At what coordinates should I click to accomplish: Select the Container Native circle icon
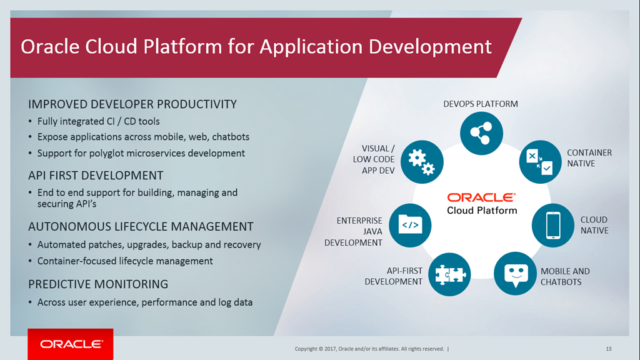tap(540, 161)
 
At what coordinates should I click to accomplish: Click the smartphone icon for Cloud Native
tap(552, 225)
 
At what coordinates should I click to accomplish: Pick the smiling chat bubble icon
tap(515, 273)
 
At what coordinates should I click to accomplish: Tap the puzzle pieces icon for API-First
tap(449, 274)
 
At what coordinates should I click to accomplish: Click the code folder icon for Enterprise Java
tap(410, 223)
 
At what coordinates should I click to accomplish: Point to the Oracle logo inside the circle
tap(481, 197)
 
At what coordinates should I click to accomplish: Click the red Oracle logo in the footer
tap(71, 344)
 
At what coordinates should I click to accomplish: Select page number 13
tap(608, 348)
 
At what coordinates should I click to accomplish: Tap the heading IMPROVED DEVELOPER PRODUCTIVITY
tap(132, 104)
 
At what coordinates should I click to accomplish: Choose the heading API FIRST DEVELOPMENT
tap(96, 176)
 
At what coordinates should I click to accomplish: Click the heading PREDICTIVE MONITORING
tap(98, 284)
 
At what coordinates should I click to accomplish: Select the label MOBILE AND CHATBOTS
tap(565, 276)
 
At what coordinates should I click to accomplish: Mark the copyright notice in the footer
tap(369, 349)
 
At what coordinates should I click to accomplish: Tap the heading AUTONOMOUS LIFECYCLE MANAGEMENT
tap(141, 227)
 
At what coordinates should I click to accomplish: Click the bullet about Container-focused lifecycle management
tap(125, 261)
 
